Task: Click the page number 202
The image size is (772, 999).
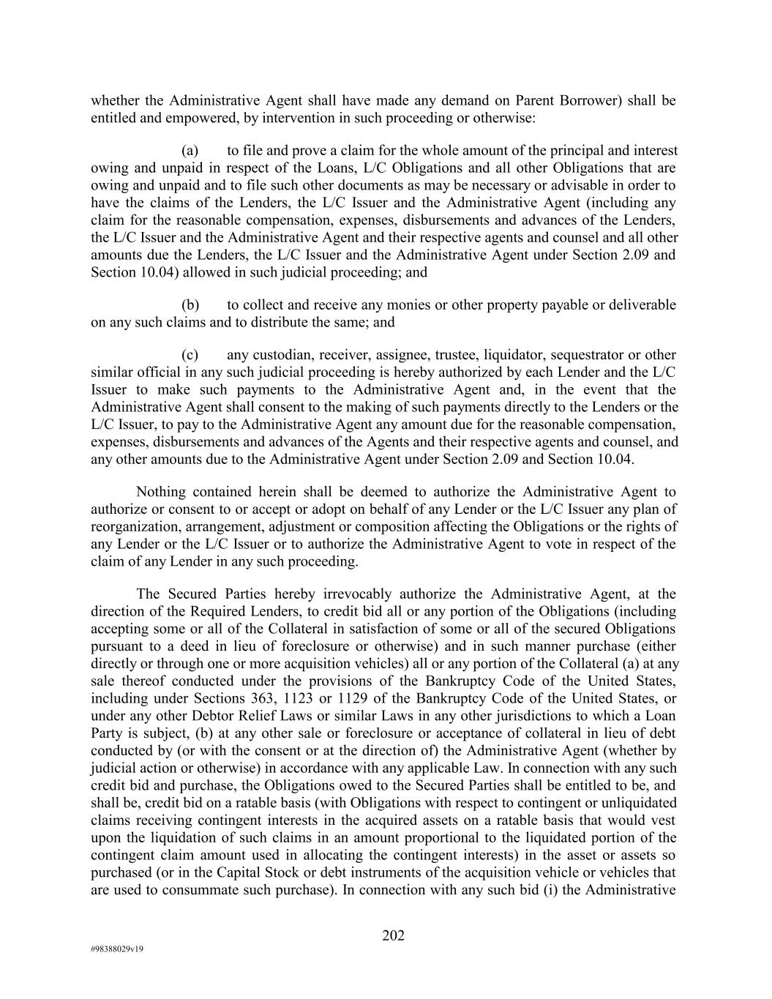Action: click(x=393, y=935)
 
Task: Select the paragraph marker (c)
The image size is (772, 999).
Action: click(x=190, y=355)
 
